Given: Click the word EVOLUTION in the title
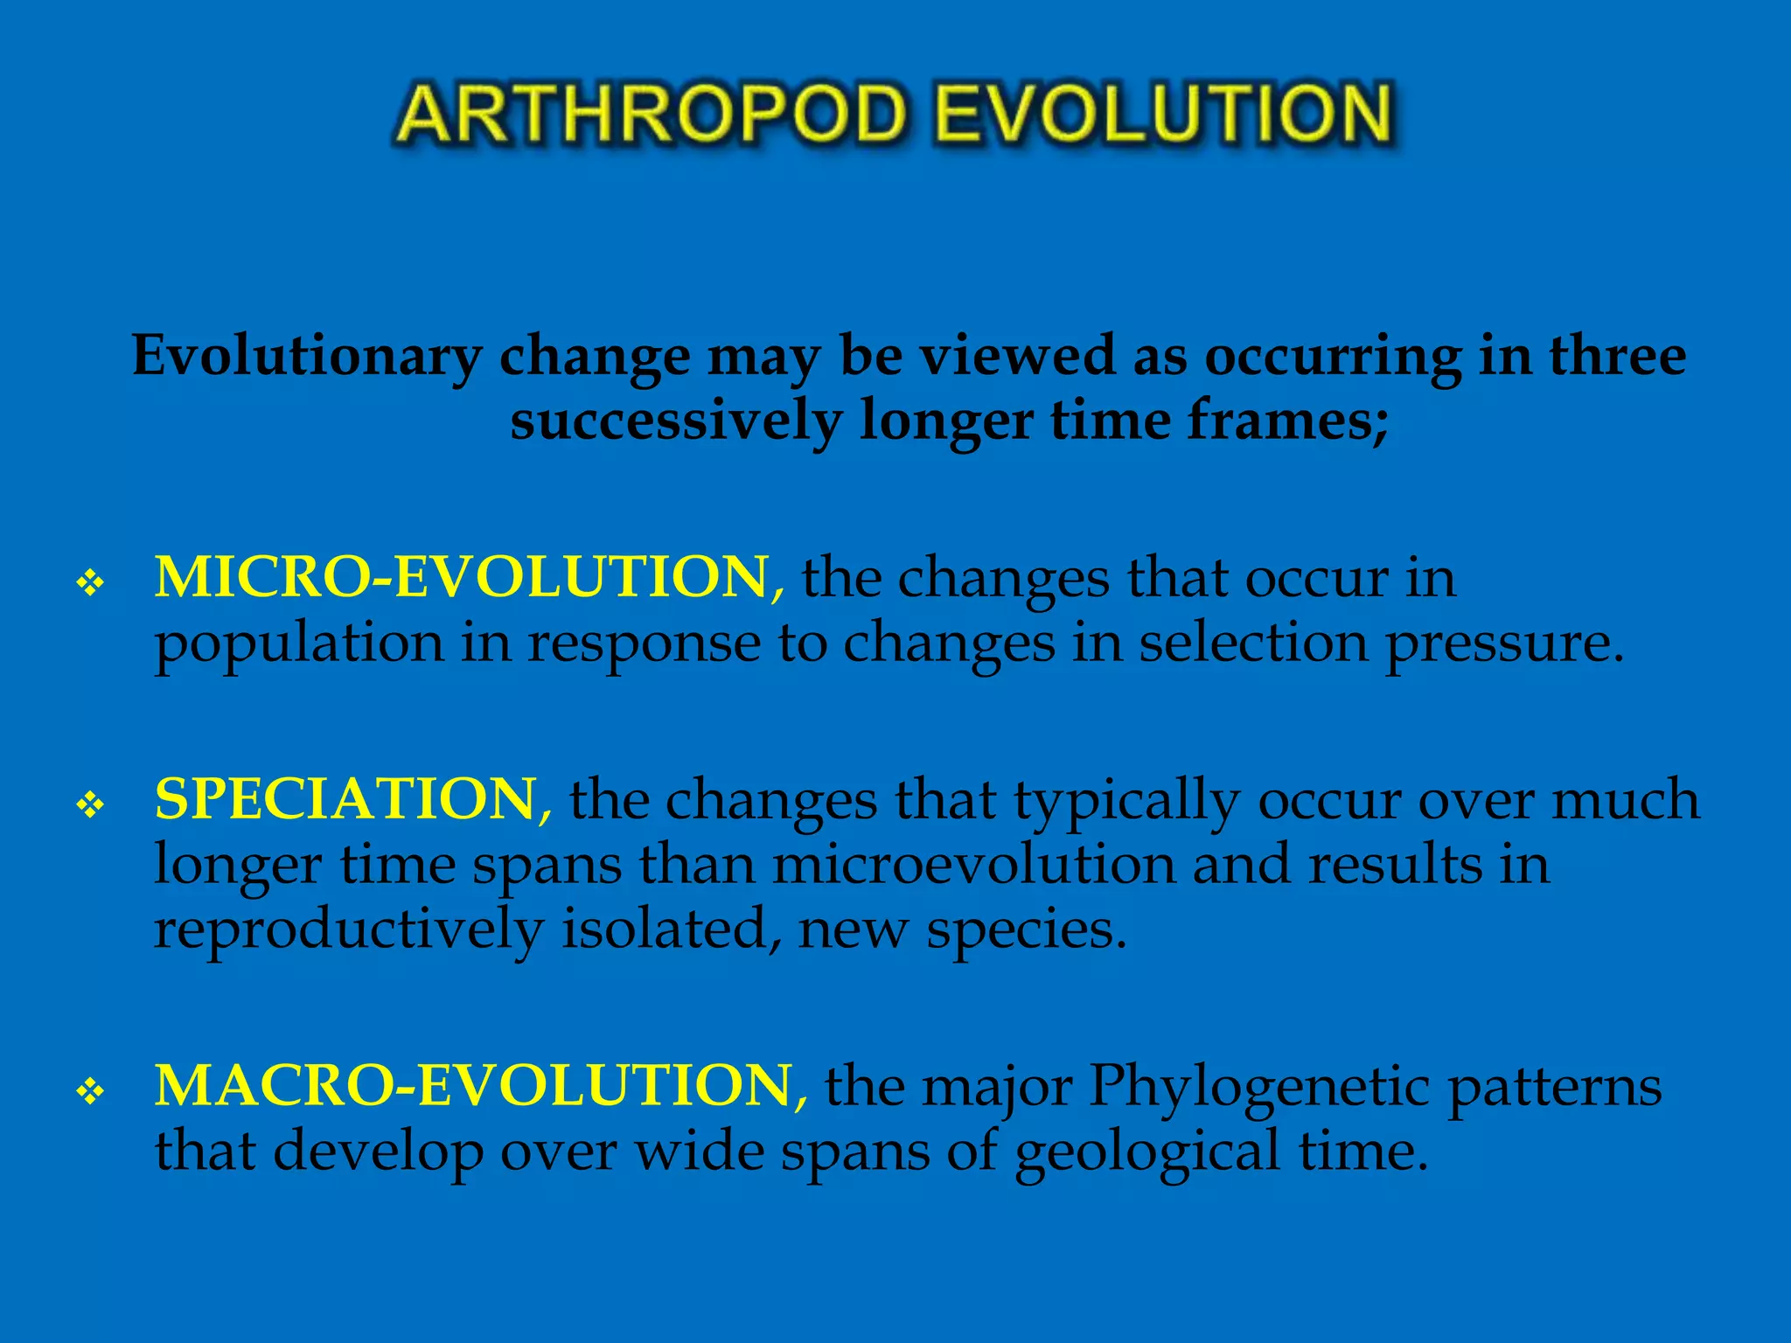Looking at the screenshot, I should pos(1163,114).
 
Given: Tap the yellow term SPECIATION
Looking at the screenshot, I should pos(346,799).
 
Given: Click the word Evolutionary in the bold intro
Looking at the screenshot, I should pos(307,357).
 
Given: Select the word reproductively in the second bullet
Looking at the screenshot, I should pos(348,930).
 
